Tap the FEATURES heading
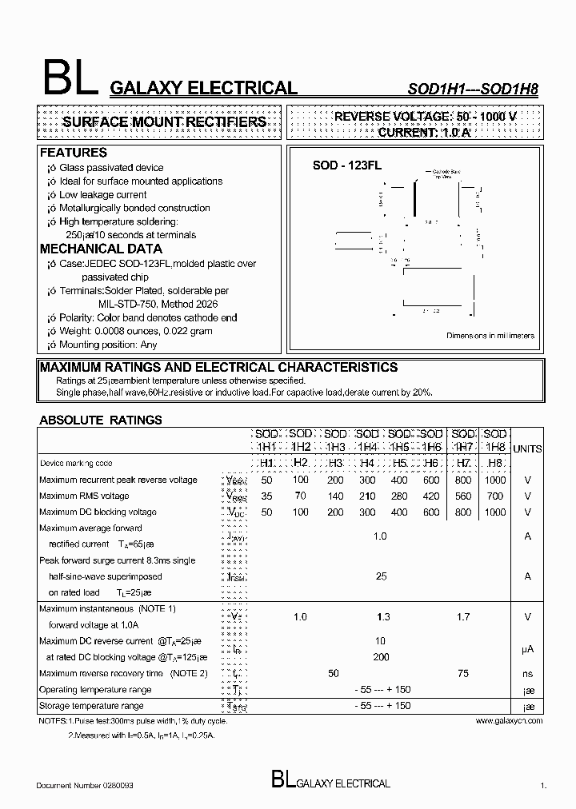[x=73, y=152]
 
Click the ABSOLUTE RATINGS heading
[x=101, y=419]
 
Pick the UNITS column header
[x=527, y=449]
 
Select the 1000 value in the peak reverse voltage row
[x=495, y=480]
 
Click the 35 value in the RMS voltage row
[x=266, y=496]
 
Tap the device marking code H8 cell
[x=495, y=463]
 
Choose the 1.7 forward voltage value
[x=464, y=616]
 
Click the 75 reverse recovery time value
[x=464, y=673]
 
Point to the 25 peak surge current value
[x=381, y=576]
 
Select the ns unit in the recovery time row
[x=527, y=673]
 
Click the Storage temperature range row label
[x=91, y=706]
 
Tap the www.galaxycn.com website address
[x=509, y=720]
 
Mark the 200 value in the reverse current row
[x=381, y=657]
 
